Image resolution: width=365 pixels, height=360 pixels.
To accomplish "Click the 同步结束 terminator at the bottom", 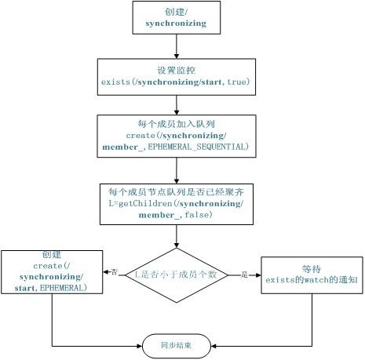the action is point(177,346).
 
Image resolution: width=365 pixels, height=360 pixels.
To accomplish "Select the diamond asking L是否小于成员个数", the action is point(177,275).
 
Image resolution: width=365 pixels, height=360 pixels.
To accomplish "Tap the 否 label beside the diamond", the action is point(114,272).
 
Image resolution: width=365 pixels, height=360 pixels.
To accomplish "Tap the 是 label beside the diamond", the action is point(244,275).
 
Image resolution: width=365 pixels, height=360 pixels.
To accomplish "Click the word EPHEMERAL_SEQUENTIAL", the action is point(198,147).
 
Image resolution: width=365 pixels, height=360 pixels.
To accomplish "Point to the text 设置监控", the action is point(176,71).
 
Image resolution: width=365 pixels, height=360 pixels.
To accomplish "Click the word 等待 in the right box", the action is point(312,269).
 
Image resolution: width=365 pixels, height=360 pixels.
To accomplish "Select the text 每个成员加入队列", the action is point(177,124).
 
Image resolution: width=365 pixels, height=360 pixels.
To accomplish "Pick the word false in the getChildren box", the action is point(198,215).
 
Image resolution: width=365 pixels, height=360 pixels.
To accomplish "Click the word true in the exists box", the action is point(237,82).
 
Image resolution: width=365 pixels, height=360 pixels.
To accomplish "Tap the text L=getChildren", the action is point(141,204).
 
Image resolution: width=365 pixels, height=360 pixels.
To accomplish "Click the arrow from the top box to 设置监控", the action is point(177,46).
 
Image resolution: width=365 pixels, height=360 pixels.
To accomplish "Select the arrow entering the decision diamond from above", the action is point(177,236).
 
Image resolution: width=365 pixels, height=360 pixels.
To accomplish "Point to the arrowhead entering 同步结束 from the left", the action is point(140,346).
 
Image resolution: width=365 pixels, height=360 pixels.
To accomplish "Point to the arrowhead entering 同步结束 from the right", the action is point(214,346).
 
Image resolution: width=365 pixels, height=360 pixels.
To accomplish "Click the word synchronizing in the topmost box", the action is point(176,24).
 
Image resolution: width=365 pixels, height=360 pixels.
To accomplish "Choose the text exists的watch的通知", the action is point(312,280).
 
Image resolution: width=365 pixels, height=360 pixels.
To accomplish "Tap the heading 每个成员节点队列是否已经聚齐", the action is point(177,192).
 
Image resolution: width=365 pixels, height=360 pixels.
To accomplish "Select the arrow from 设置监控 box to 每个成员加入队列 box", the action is point(177,105).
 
